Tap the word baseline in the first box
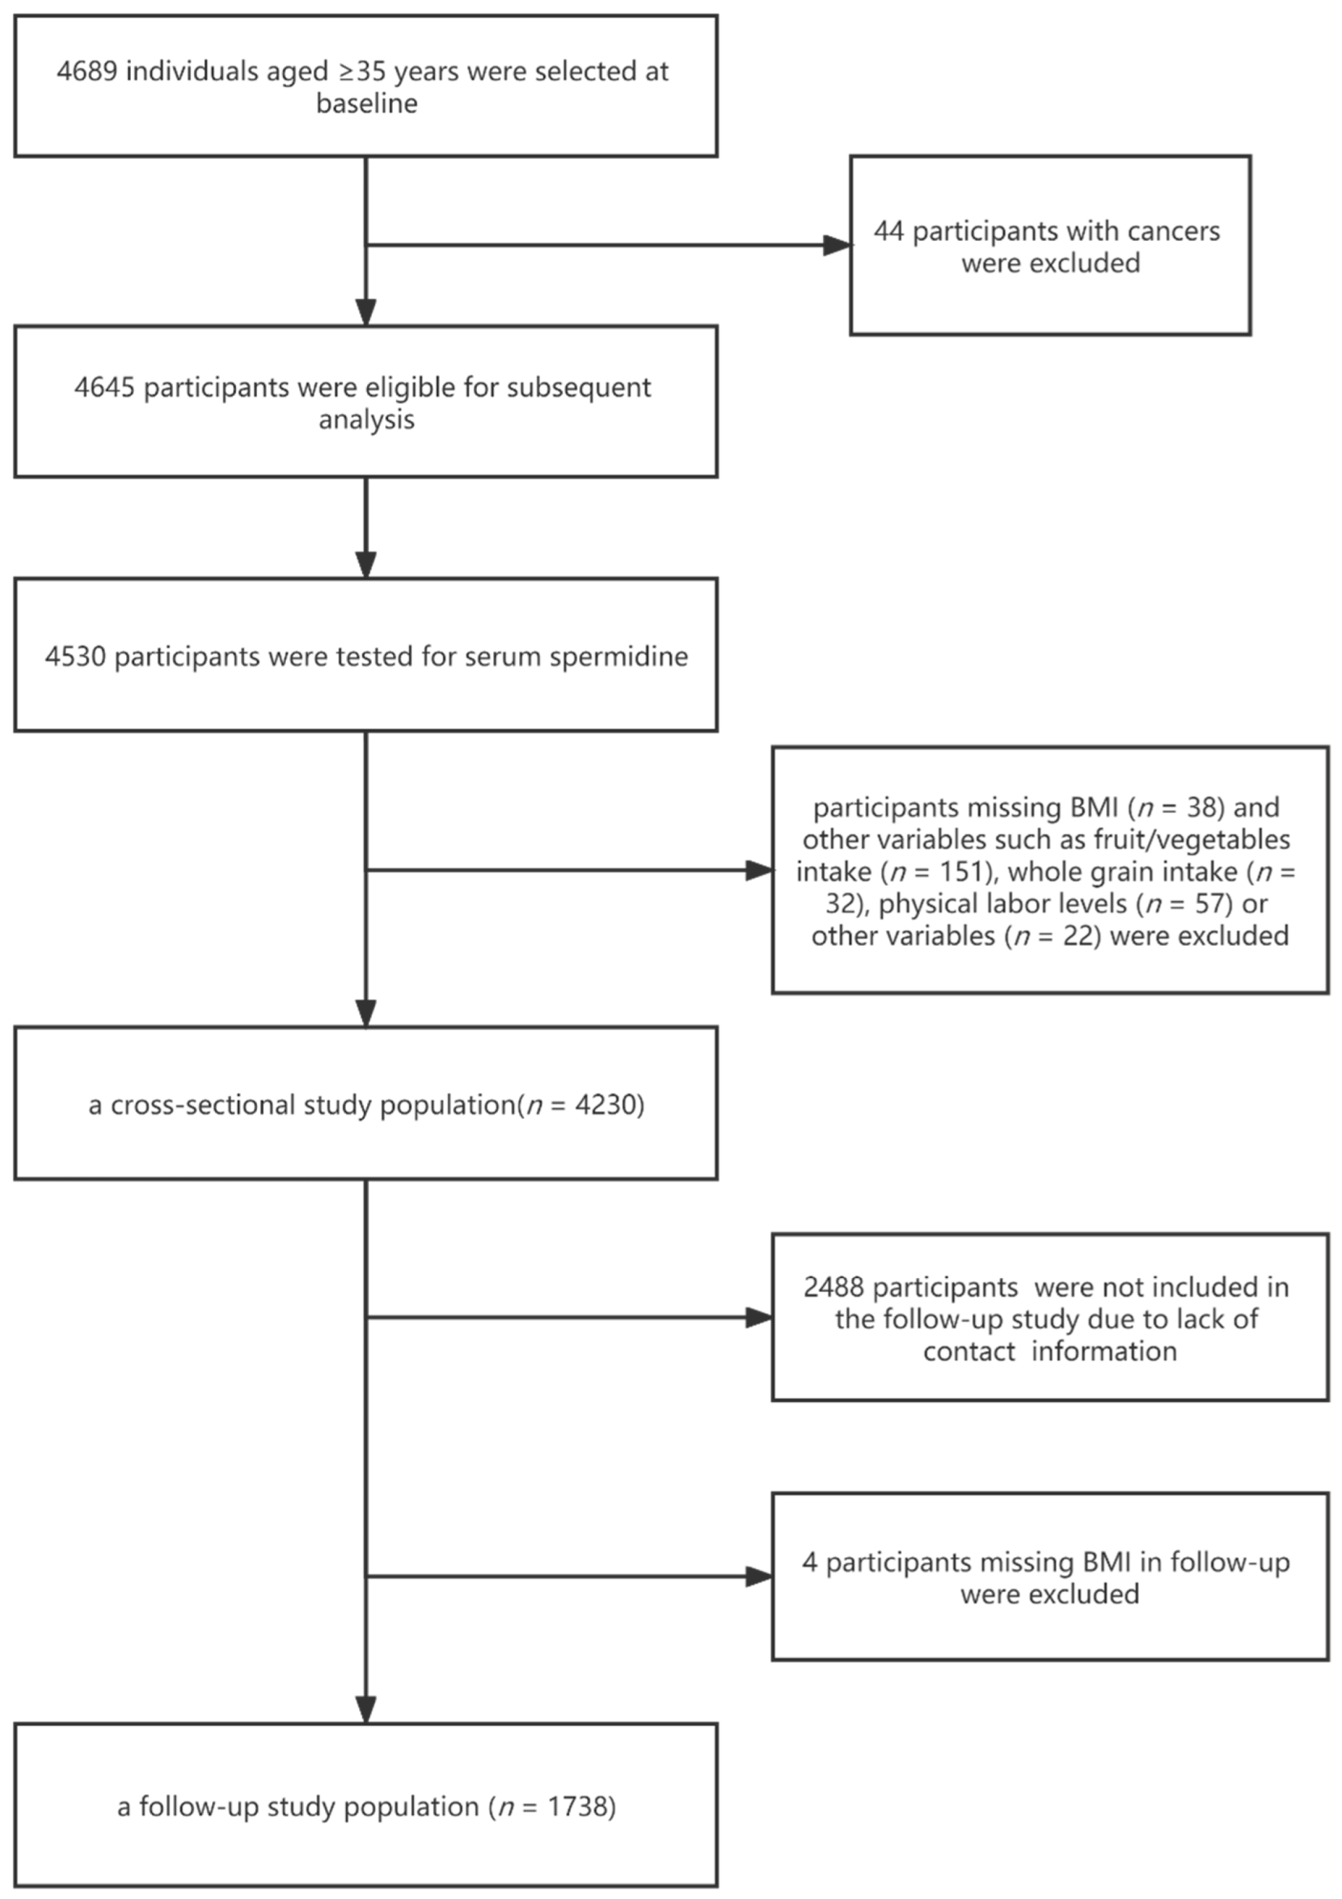point(366,104)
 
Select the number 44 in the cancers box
point(889,231)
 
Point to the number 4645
point(105,388)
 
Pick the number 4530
point(75,657)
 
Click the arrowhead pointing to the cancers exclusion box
point(836,246)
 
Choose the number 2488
point(833,1288)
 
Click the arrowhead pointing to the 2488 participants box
point(759,1318)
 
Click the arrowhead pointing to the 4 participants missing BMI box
point(759,1577)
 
